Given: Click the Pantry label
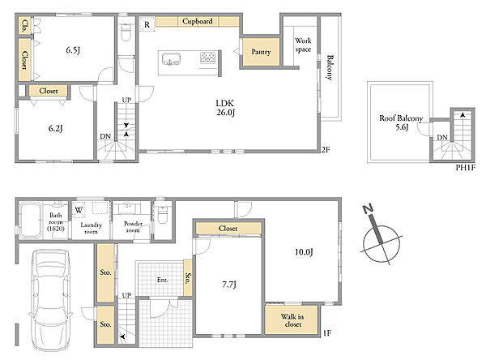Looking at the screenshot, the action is click(x=261, y=52).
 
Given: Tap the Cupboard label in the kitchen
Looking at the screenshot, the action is click(x=198, y=21).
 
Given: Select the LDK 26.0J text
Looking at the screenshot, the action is click(x=225, y=108).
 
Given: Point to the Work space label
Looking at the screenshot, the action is click(x=303, y=45).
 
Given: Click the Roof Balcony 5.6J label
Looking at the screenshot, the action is click(x=401, y=122).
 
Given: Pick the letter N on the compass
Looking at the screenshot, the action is click(x=368, y=209).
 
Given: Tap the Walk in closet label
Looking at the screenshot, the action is click(x=292, y=320).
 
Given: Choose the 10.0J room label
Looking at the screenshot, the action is click(x=304, y=251).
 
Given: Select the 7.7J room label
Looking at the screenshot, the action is click(x=229, y=285).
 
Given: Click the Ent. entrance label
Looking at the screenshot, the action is click(x=163, y=280).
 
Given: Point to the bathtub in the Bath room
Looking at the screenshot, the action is click(x=31, y=220).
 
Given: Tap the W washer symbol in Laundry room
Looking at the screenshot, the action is click(x=79, y=210).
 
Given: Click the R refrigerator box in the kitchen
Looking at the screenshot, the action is click(x=147, y=24).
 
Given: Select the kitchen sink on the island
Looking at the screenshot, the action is click(x=170, y=59).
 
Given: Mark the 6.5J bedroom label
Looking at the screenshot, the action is click(x=73, y=50).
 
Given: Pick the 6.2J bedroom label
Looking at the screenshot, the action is click(x=56, y=128).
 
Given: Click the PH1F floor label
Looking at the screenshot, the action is click(x=465, y=168).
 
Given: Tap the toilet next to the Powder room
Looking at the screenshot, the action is click(x=163, y=214).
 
